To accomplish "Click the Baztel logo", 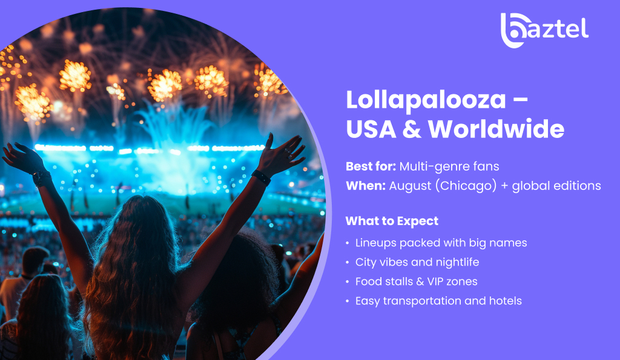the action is point(544,30).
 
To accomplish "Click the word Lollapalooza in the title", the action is point(426,100).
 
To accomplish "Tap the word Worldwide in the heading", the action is point(496,129).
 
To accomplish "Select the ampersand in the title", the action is point(412,129).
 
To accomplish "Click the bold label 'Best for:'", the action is point(371,166).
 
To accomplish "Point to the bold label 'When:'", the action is point(366,186).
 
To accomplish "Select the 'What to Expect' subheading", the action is point(392,221).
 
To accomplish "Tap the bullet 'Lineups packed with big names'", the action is point(441,243).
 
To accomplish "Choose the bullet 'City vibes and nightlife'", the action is point(417,263).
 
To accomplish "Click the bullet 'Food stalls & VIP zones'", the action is point(417,281).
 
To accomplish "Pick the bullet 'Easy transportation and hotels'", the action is point(438,301).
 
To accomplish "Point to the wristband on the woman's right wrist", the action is point(261,177).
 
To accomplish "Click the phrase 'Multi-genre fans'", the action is point(449,167).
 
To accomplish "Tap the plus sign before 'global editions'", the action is point(504,186).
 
